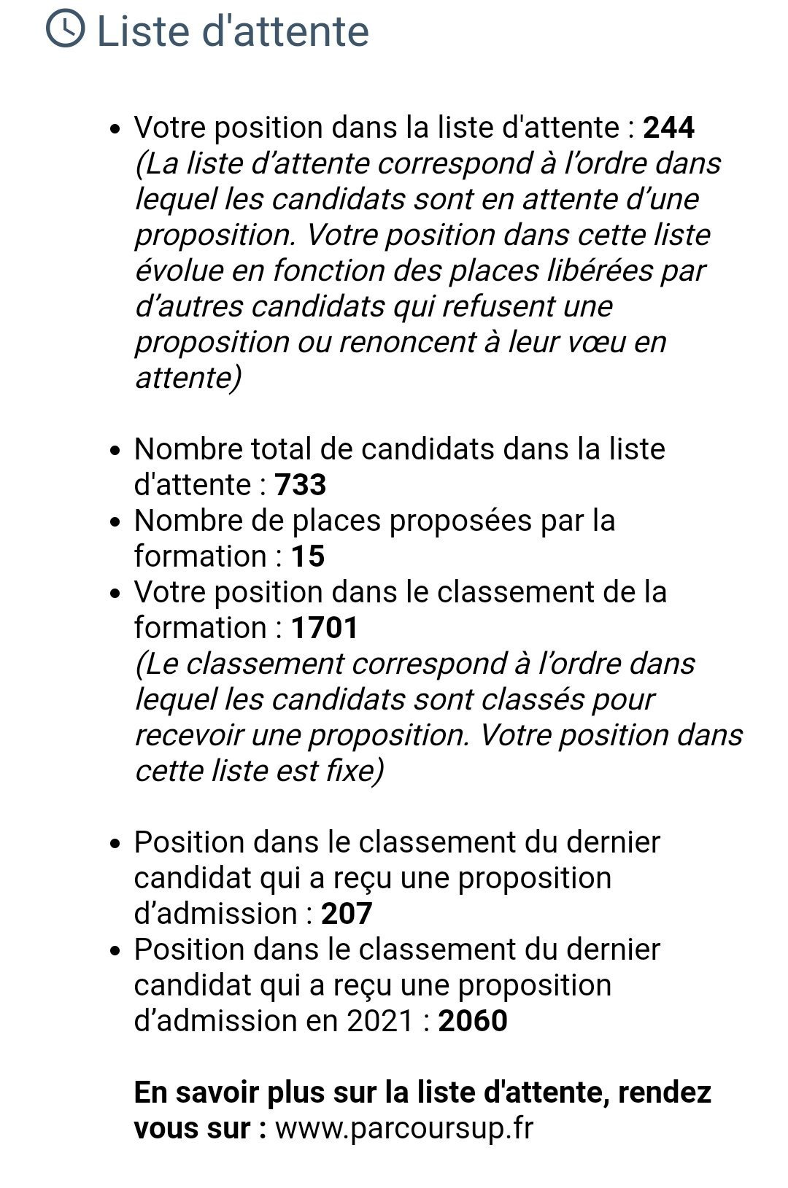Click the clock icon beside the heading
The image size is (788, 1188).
(65, 30)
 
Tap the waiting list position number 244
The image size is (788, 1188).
(668, 128)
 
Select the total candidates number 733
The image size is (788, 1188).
(300, 485)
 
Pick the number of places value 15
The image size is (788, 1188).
(308, 556)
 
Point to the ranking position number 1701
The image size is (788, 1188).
(325, 628)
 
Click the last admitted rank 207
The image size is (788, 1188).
(347, 914)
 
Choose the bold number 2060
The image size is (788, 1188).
(472, 1021)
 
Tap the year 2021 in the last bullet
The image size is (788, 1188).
(380, 1021)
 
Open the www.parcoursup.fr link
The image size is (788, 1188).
(404, 1128)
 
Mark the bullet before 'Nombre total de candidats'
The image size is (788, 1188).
(115, 451)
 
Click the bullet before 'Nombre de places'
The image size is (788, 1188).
(115, 522)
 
